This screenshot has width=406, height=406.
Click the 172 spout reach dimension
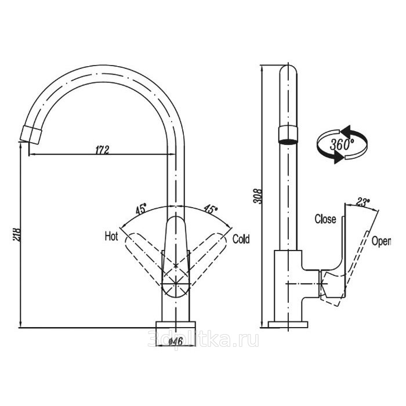click(x=101, y=149)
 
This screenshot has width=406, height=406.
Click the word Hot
click(x=111, y=236)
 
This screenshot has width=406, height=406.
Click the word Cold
click(x=241, y=238)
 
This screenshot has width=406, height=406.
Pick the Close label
click(x=325, y=219)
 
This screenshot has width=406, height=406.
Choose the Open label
click(x=381, y=240)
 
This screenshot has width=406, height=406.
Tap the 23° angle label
click(x=363, y=202)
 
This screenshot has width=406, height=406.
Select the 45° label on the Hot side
click(x=141, y=208)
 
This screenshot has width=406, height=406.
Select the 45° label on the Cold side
click(x=210, y=209)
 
